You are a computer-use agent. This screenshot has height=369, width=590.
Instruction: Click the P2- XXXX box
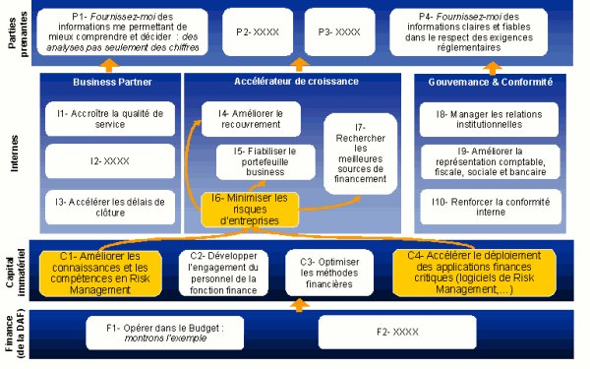(x=258, y=31)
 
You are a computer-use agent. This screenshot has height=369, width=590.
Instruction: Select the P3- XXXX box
(x=338, y=31)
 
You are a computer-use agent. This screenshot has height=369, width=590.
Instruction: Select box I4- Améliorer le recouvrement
(x=252, y=120)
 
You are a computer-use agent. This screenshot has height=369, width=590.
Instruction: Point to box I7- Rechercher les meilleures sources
(x=361, y=153)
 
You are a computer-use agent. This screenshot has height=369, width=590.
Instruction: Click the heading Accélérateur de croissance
(x=296, y=81)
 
